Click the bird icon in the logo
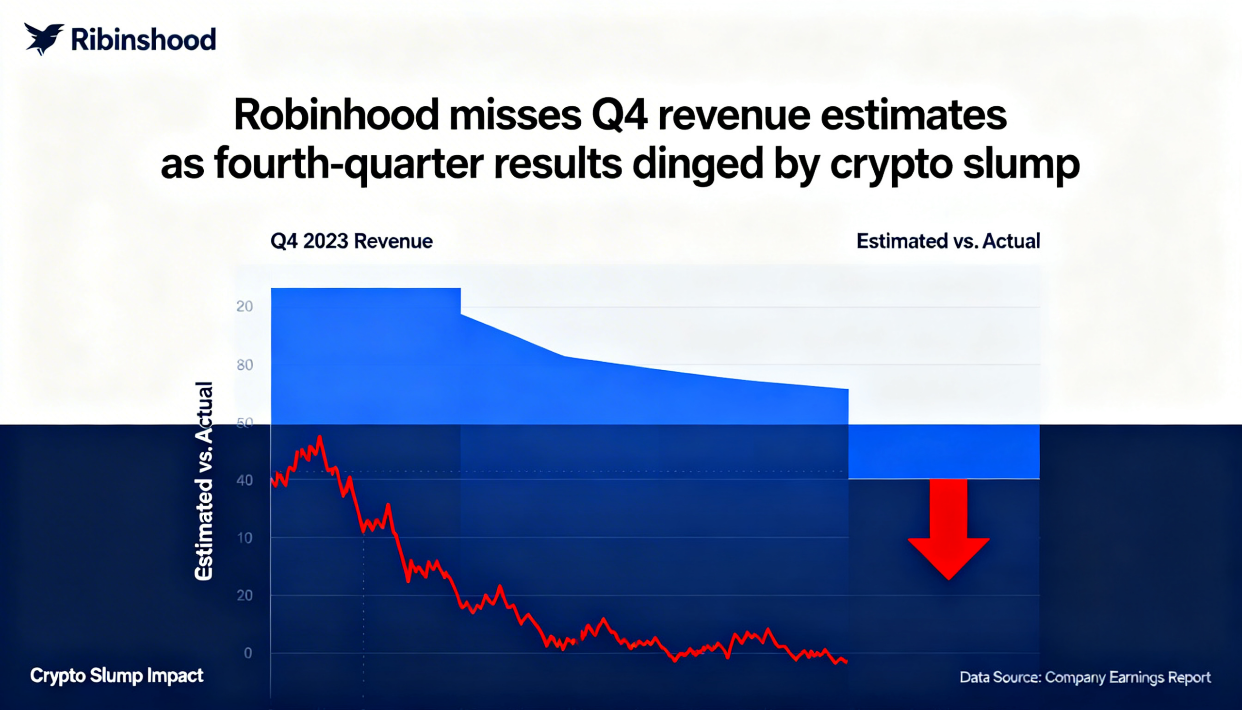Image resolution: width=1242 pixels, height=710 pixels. point(43,38)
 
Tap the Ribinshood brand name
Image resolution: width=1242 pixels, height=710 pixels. point(143,40)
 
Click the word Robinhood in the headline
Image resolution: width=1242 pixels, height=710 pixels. point(336,115)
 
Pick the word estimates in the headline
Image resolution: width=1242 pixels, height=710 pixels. point(914,115)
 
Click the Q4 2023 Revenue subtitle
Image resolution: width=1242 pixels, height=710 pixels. point(351,241)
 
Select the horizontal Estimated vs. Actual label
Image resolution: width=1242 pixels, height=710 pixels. point(948,241)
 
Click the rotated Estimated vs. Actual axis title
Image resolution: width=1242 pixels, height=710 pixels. point(204,481)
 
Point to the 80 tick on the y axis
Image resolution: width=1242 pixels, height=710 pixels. point(245,365)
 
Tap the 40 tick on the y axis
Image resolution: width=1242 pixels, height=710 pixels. point(245,480)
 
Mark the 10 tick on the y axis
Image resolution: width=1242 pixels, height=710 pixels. point(245,538)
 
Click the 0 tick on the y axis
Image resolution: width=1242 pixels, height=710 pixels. point(248,653)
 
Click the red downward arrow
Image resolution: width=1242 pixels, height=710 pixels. point(948,529)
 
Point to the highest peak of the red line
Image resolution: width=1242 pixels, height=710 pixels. point(320,437)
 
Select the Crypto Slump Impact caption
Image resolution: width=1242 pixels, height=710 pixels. point(117,676)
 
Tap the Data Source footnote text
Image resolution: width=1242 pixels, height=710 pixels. point(1085,677)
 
